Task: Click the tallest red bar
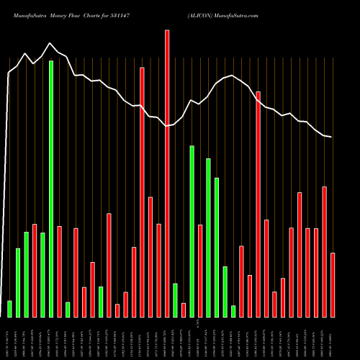(x=167, y=173)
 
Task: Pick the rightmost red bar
(x=333, y=284)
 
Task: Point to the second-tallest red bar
(x=142, y=192)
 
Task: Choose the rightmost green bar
(x=233, y=311)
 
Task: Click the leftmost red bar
(x=35, y=270)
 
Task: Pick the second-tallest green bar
(x=192, y=231)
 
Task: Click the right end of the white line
(x=331, y=137)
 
